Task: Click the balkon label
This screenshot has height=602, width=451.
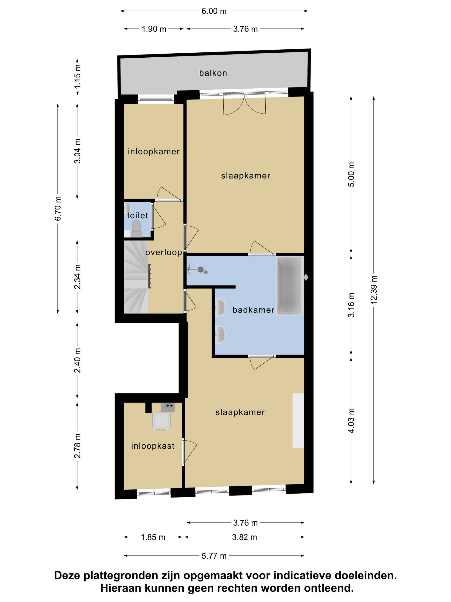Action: pyautogui.click(x=213, y=73)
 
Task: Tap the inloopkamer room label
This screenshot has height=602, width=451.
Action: pyautogui.click(x=154, y=152)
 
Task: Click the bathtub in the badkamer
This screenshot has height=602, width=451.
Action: pyautogui.click(x=290, y=285)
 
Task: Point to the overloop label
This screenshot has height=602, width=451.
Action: pyautogui.click(x=164, y=252)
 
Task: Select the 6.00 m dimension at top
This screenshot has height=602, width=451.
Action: pyautogui.click(x=214, y=11)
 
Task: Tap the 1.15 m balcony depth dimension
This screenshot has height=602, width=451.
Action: pyautogui.click(x=78, y=76)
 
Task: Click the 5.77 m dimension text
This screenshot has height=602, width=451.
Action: pyautogui.click(x=214, y=556)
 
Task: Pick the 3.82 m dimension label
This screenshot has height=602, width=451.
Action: pyautogui.click(x=244, y=537)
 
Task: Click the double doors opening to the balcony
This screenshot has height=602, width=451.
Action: pyautogui.click(x=244, y=104)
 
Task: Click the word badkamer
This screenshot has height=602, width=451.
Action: pyautogui.click(x=253, y=310)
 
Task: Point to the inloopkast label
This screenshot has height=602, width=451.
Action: pyautogui.click(x=153, y=446)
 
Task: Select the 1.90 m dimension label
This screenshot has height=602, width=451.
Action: pyautogui.click(x=154, y=29)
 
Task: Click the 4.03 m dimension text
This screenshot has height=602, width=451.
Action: pyautogui.click(x=351, y=421)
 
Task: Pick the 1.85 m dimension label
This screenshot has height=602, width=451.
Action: pyautogui.click(x=153, y=537)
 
